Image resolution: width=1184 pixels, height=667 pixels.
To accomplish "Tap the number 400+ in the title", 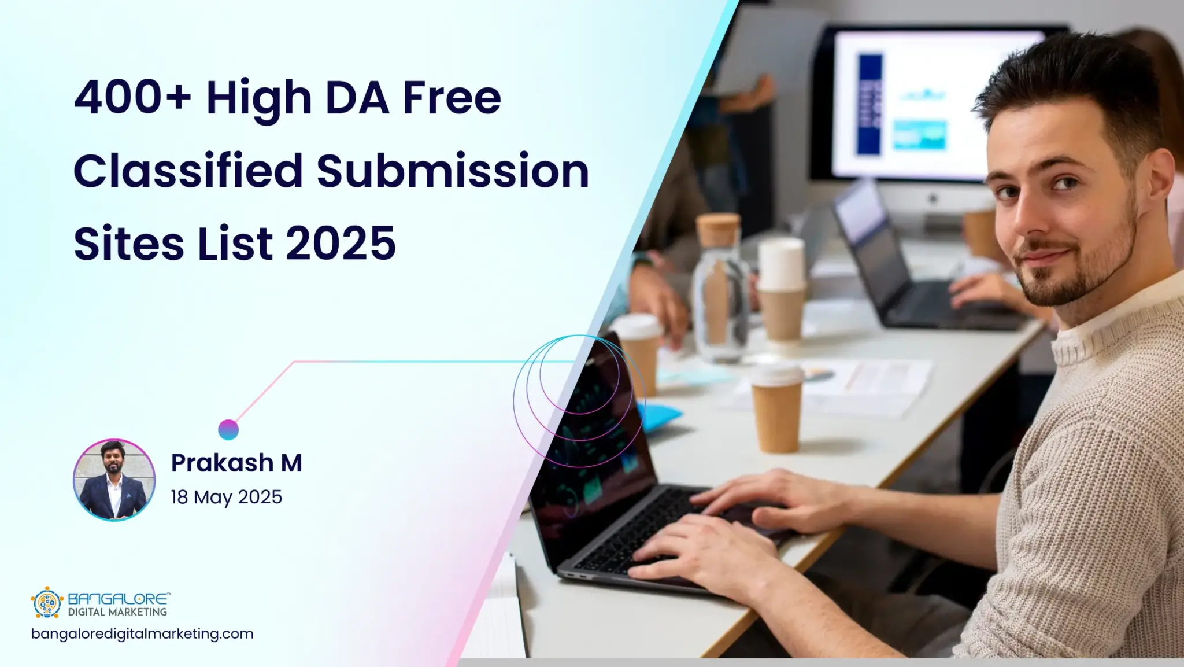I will click(x=132, y=97).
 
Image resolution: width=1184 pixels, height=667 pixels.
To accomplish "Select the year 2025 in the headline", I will click(x=341, y=243).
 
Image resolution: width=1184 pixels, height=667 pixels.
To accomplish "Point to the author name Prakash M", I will click(x=236, y=463).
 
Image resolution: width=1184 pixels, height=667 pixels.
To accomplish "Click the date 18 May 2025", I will click(x=226, y=497).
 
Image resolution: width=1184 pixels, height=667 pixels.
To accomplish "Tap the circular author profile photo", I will click(x=114, y=480).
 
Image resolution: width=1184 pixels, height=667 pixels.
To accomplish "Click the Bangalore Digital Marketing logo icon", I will click(x=46, y=602).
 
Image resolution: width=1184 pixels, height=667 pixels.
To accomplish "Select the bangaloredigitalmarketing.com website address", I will click(x=142, y=633).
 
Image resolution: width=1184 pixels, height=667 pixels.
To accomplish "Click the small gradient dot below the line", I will click(x=228, y=430).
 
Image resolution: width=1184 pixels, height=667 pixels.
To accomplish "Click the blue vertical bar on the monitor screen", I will click(x=869, y=104).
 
